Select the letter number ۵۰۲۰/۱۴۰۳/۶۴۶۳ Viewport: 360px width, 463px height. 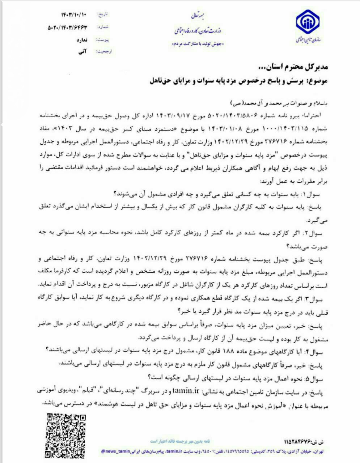pyautogui.click(x=68, y=27)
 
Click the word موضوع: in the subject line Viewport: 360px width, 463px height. pyautogui.click(x=317, y=81)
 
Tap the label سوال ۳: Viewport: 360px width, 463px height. pyautogui.click(x=317, y=299)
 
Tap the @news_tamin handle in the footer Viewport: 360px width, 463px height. pyautogui.click(x=114, y=452)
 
